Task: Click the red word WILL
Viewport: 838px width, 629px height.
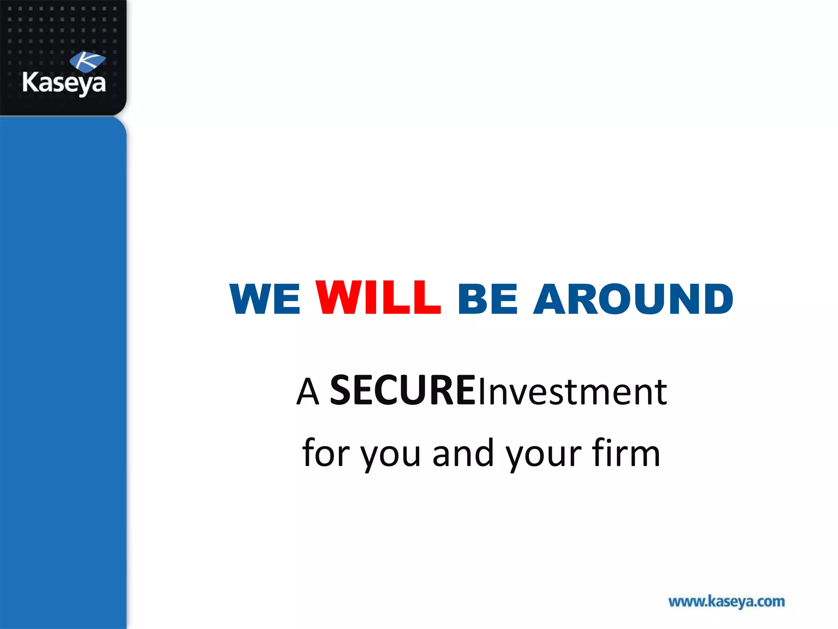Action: point(378,298)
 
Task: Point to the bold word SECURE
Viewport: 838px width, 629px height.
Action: point(403,391)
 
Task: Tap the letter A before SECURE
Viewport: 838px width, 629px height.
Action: point(308,392)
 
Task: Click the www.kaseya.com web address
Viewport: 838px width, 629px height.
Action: point(726,602)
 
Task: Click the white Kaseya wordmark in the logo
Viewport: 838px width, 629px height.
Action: point(64,83)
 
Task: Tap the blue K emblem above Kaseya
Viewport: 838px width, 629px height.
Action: point(87,61)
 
